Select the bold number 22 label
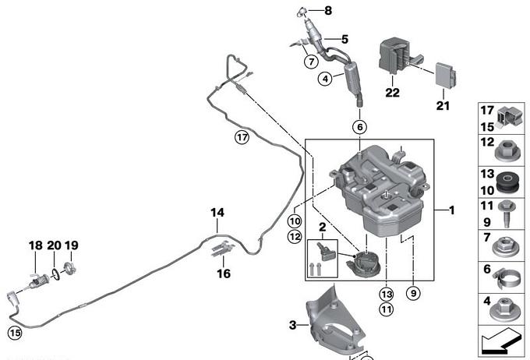click(x=392, y=92)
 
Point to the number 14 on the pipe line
click(x=217, y=213)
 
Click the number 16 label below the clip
click(x=224, y=274)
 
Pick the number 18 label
click(x=36, y=245)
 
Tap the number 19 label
click(x=72, y=245)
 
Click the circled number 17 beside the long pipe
click(x=242, y=138)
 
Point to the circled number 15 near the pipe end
click(x=14, y=333)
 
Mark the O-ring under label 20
click(x=55, y=273)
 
